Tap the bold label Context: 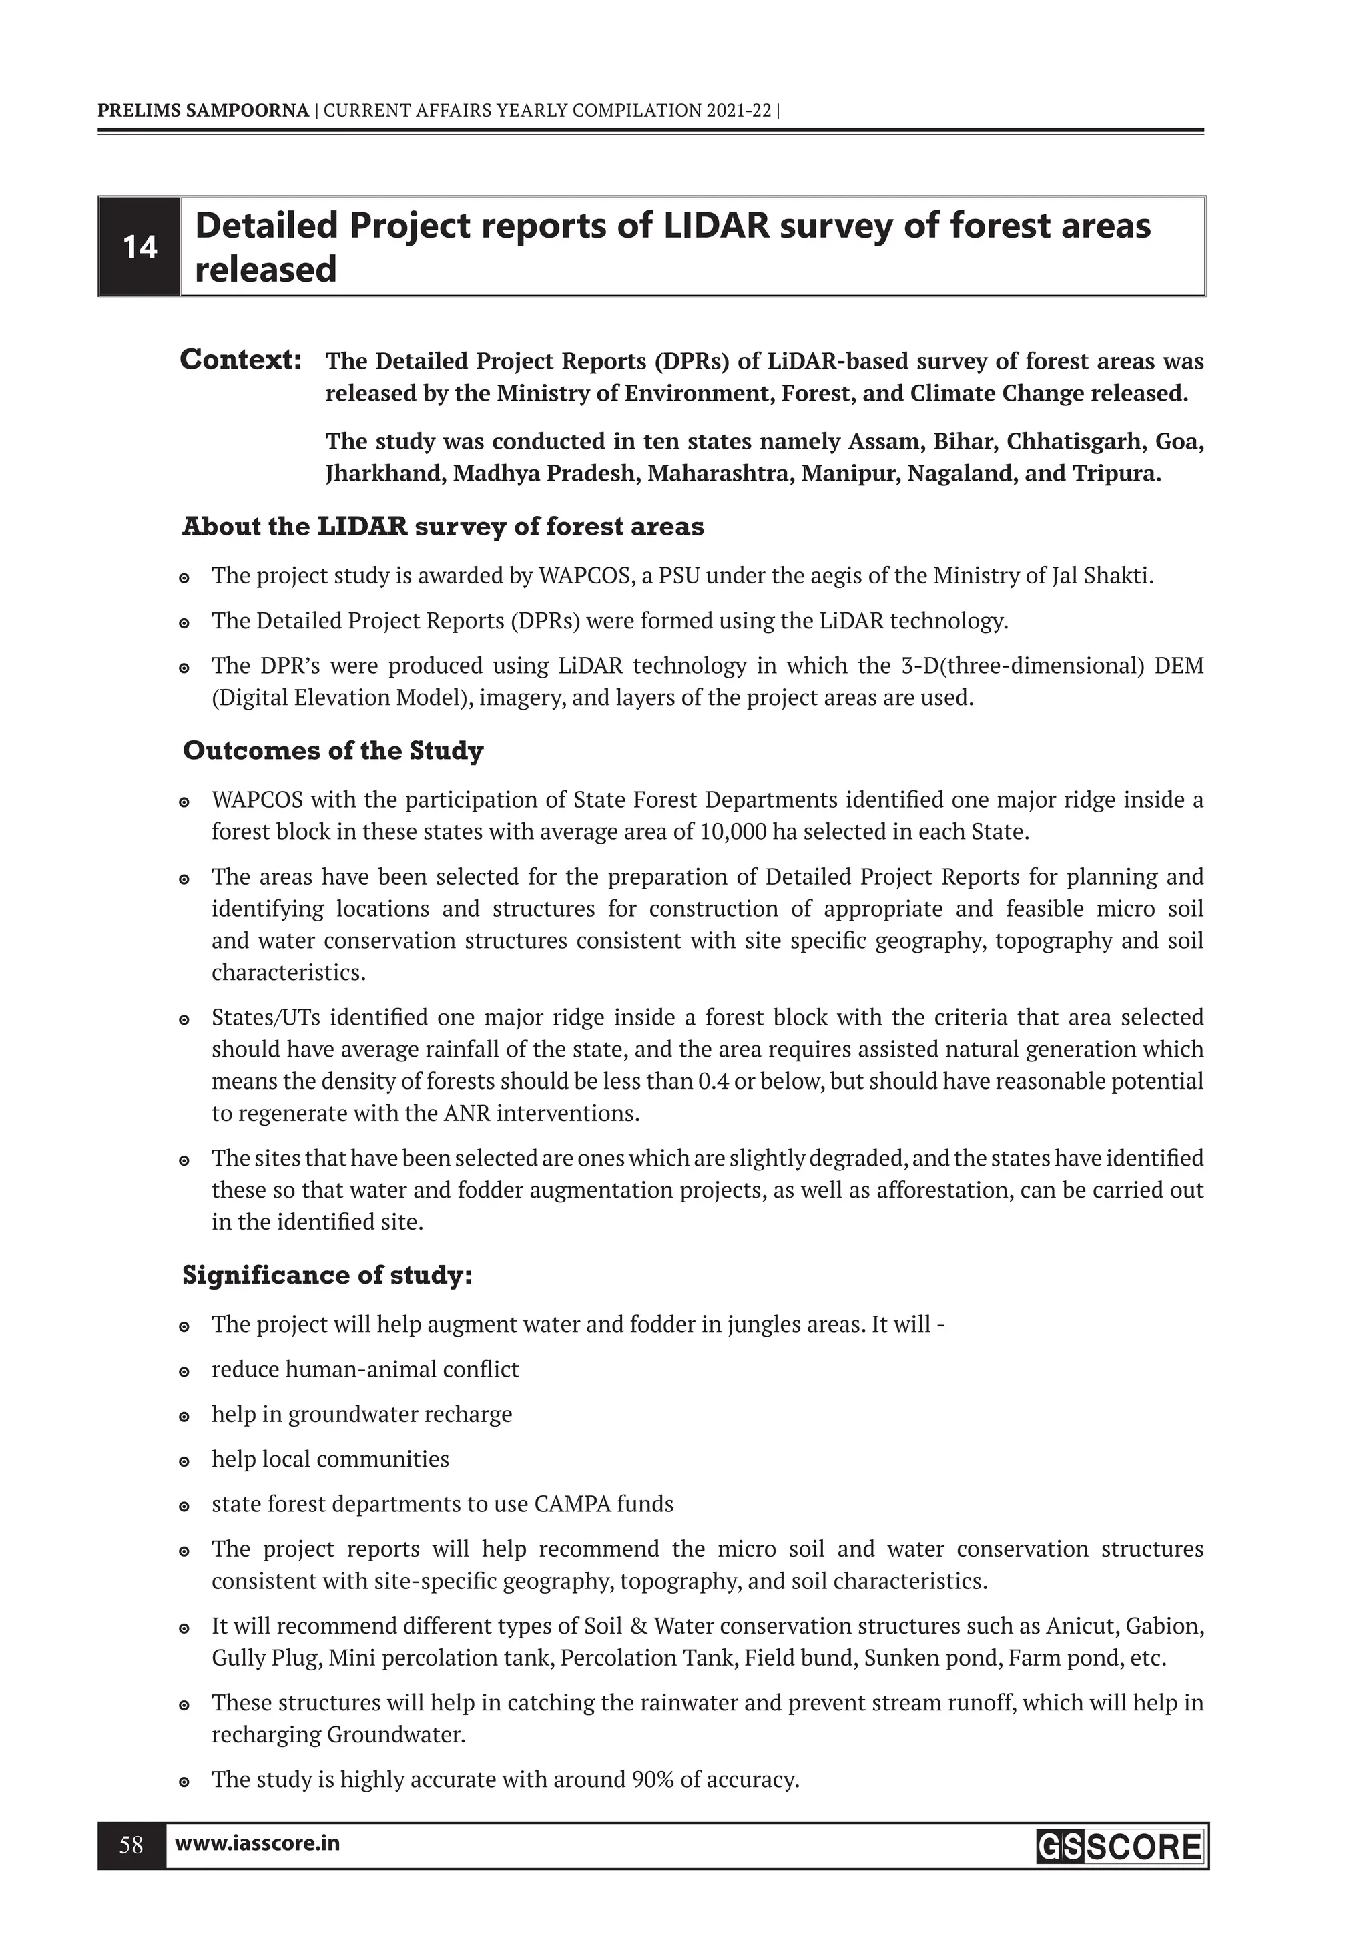pyautogui.click(x=242, y=360)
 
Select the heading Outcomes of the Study pyautogui.click(x=332, y=750)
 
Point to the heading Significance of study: pyautogui.click(x=327, y=1275)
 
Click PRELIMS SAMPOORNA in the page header pyautogui.click(x=203, y=110)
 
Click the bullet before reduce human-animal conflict pyautogui.click(x=184, y=1371)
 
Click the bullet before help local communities pyautogui.click(x=184, y=1461)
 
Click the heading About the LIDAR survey pyautogui.click(x=442, y=527)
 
